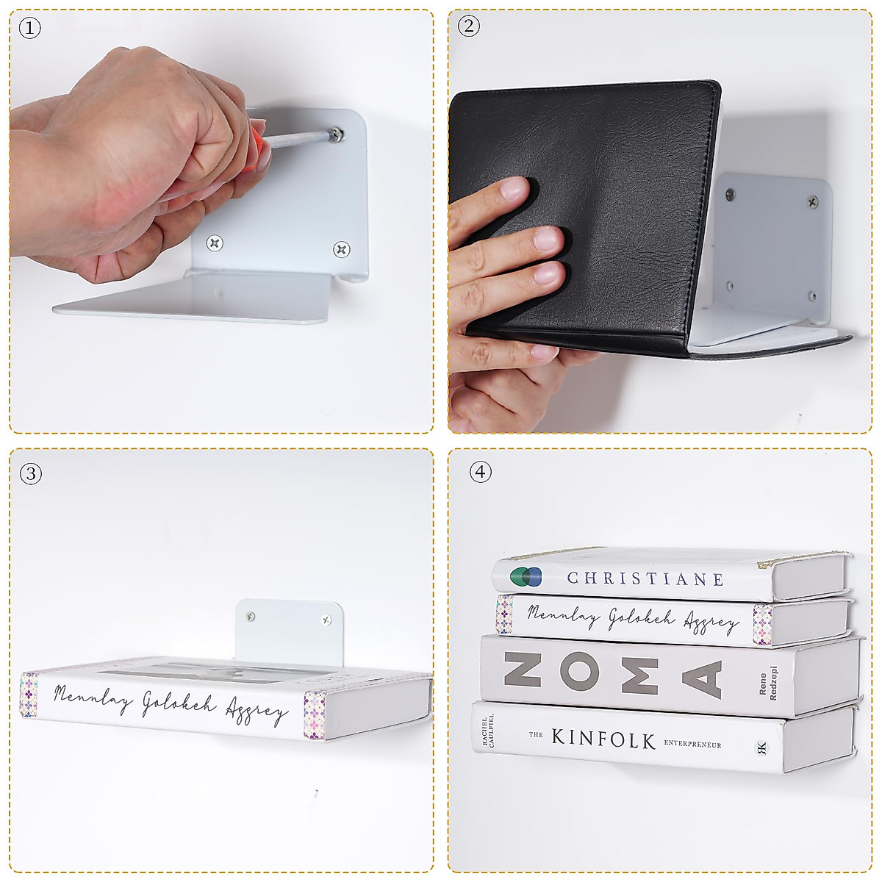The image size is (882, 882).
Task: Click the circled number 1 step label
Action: [29, 29]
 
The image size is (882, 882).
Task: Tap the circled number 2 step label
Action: [468, 26]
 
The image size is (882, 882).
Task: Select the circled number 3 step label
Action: [29, 473]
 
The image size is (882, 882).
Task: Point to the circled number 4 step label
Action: [480, 472]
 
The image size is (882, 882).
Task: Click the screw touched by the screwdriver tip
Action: [336, 134]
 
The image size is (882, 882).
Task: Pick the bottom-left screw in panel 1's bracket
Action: [215, 243]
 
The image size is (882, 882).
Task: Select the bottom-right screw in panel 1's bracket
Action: [341, 249]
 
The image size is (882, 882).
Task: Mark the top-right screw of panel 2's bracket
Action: [812, 201]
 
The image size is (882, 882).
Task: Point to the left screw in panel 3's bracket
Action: [251, 617]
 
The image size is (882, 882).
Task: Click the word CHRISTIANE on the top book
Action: [645, 578]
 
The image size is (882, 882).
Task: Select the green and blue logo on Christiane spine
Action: [526, 576]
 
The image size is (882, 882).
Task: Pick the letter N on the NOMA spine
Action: [522, 670]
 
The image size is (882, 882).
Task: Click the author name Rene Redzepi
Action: [767, 684]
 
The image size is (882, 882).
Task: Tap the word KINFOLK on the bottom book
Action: [603, 738]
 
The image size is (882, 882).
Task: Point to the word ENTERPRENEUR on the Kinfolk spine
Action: [692, 744]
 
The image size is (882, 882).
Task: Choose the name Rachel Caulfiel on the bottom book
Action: [488, 732]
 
